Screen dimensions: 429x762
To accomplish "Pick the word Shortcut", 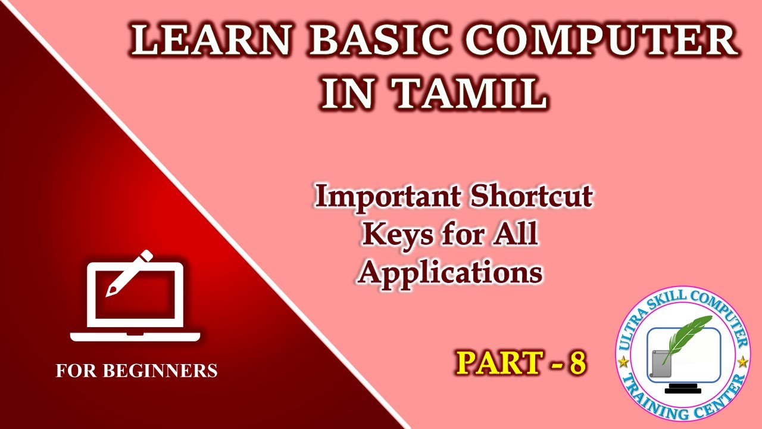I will coord(532,197).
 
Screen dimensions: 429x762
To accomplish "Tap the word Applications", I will coord(451,272).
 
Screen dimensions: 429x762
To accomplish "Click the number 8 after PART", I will coord(577,363).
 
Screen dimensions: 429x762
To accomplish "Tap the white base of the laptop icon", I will coord(135,337).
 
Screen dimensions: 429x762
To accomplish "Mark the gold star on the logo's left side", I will coord(623,362).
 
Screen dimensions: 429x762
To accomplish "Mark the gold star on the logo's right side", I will coord(742,362).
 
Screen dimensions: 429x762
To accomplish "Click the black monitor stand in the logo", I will coord(683,389).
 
